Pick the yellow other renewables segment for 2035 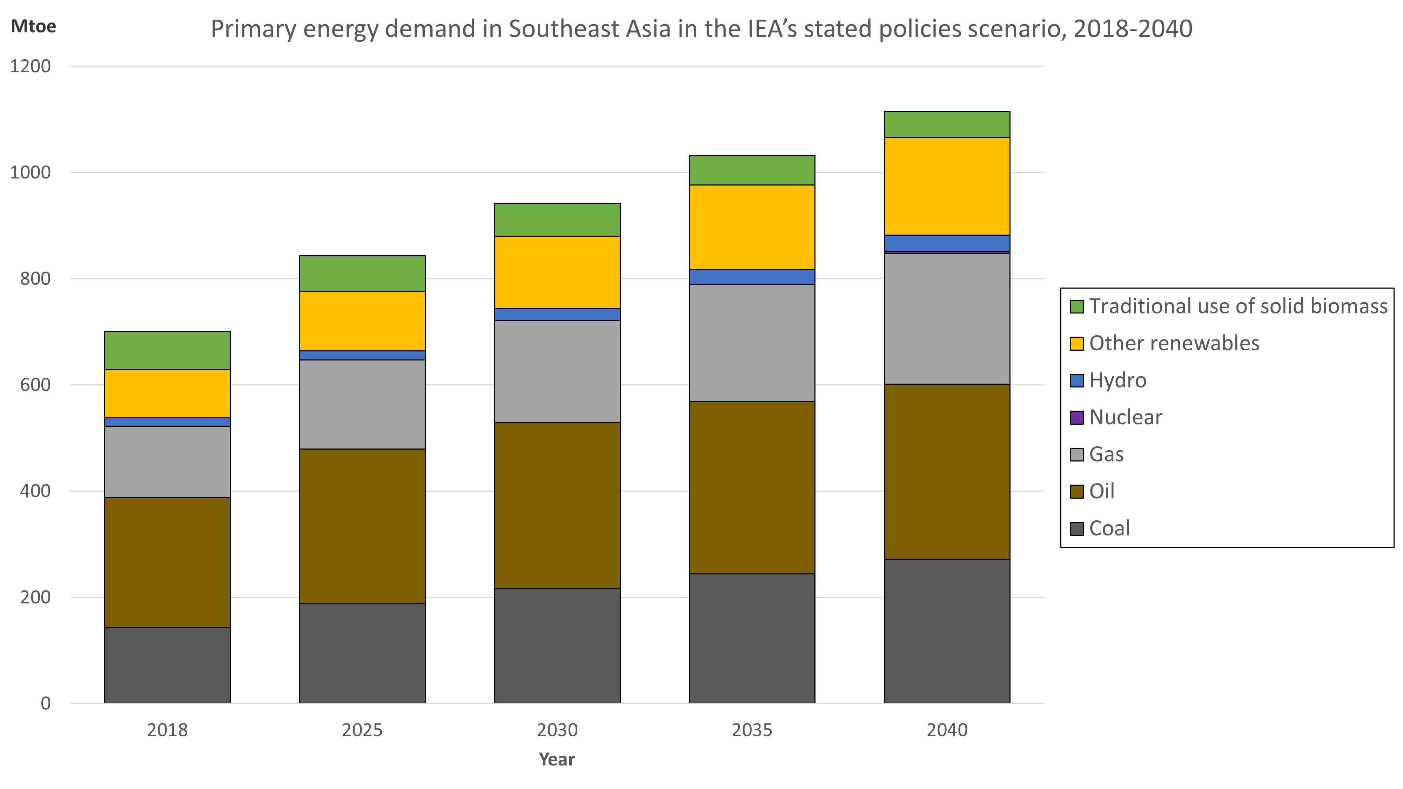(752, 227)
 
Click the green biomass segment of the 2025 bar (362, 274)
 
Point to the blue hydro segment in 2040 (947, 243)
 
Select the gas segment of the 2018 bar (167, 462)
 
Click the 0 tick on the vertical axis (46, 703)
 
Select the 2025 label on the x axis (362, 730)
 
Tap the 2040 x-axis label (947, 730)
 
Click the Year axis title (557, 760)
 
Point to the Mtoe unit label (33, 27)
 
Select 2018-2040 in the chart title (1133, 29)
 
